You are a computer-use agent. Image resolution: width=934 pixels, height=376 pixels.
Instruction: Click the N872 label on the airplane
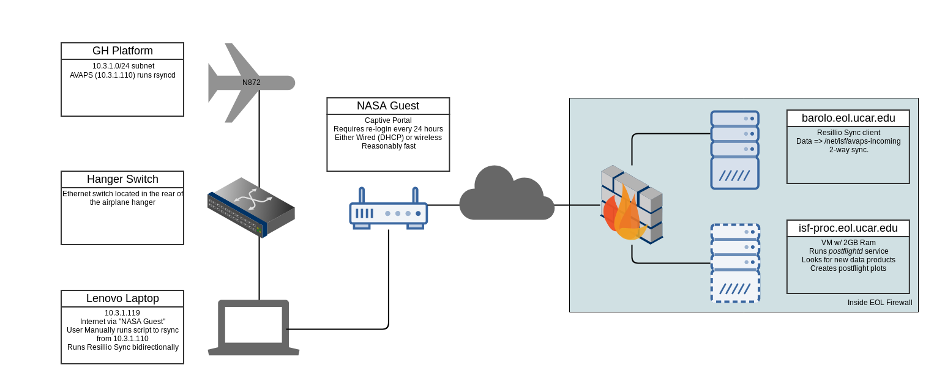252,83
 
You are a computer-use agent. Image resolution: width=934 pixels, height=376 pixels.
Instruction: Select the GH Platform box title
122,51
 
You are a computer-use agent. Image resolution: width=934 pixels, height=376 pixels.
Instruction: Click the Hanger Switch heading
122,179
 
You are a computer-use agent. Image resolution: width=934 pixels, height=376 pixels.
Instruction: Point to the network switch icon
251,207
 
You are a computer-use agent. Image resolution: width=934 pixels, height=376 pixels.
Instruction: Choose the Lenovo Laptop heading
122,298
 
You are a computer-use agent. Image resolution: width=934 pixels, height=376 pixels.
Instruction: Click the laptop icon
253,327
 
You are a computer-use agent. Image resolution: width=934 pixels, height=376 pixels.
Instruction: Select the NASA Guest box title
388,106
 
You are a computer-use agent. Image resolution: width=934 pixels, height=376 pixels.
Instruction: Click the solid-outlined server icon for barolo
734,150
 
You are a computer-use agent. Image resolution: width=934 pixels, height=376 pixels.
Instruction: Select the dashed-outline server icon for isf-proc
734,263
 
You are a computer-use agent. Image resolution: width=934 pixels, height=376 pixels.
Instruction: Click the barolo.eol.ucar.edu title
848,118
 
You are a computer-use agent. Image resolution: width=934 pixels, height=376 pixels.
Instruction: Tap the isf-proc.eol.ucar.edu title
848,228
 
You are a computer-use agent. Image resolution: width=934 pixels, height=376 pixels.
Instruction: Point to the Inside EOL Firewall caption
880,303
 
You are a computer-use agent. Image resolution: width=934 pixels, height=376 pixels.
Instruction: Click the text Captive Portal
388,120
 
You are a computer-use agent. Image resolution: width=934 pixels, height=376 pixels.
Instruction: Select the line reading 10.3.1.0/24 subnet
123,66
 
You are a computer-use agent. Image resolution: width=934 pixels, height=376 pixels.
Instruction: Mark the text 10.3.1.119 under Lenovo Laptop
122,313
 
